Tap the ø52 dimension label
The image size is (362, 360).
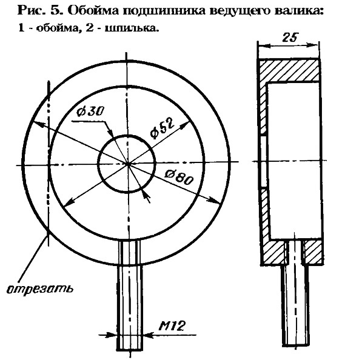(162, 128)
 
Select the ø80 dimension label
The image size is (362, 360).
(179, 177)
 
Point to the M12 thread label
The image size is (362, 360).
(172, 325)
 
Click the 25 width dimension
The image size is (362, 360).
(289, 38)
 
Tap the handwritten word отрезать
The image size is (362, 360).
(40, 288)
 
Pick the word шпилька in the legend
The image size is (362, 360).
(132, 28)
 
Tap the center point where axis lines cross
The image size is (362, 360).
(127, 164)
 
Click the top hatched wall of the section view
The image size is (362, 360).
(289, 70)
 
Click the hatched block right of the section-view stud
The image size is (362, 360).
(313, 252)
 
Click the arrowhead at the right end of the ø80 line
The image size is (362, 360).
(213, 201)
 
